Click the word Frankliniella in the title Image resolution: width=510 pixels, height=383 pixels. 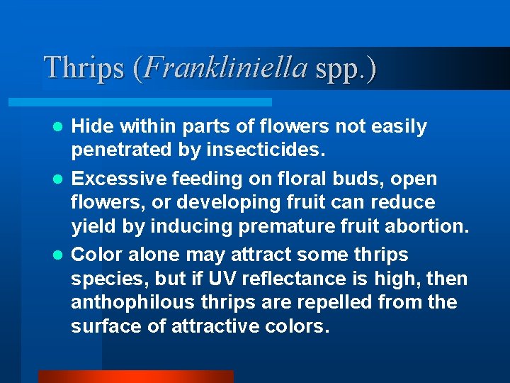pyautogui.click(x=226, y=67)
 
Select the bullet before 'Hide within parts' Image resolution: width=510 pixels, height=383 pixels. pyautogui.click(x=61, y=127)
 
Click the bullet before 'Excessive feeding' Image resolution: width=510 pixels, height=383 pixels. pyautogui.click(x=61, y=179)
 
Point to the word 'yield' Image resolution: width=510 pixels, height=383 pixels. pyautogui.click(x=92, y=227)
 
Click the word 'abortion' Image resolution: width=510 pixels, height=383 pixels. pyautogui.click(x=431, y=226)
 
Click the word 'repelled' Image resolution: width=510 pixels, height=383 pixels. pyautogui.click(x=329, y=303)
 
